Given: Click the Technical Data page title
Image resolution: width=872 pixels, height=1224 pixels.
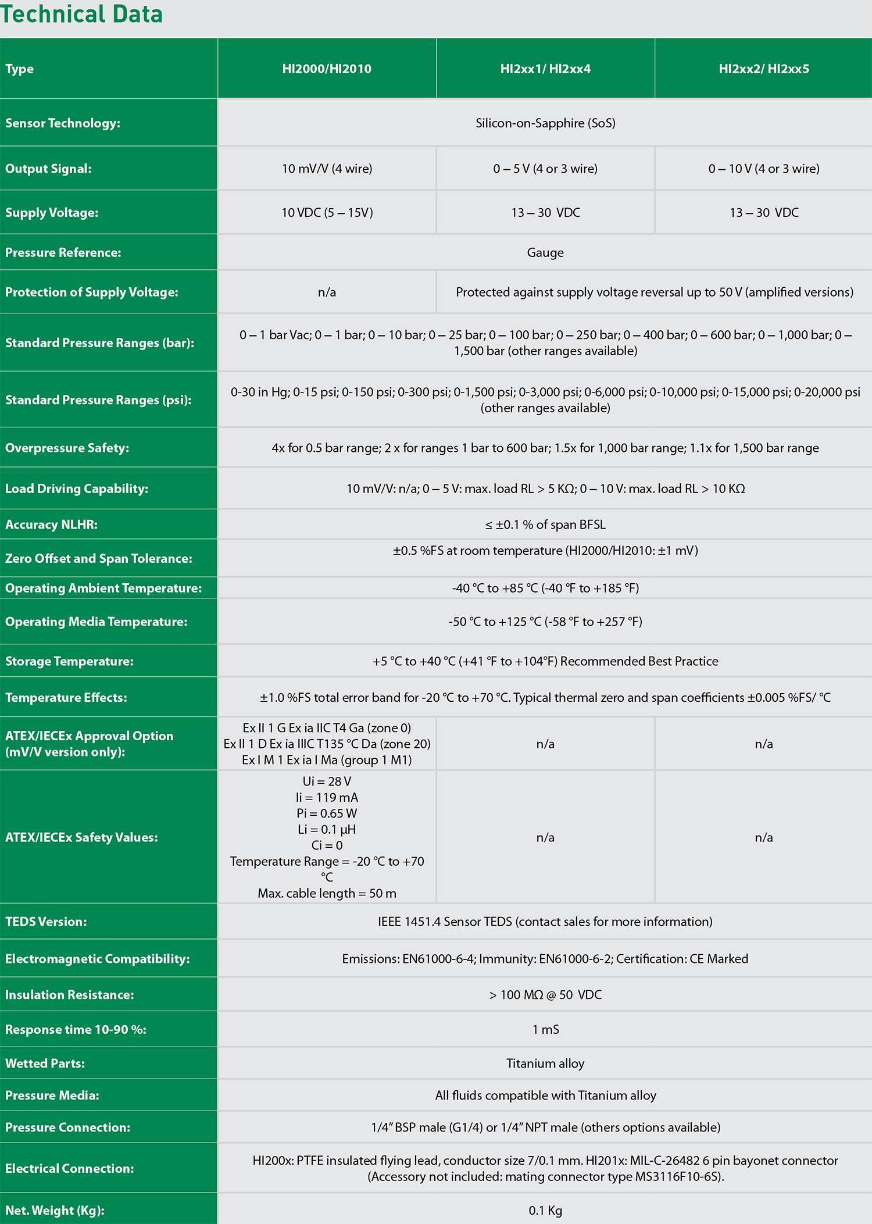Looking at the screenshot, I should click(x=81, y=14).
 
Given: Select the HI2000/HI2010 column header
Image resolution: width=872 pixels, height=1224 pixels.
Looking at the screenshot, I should click(x=327, y=69).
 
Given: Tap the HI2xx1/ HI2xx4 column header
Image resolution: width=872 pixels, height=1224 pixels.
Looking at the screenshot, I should click(x=545, y=69).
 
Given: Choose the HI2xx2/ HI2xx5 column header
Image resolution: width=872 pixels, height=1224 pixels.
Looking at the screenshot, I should click(x=764, y=69).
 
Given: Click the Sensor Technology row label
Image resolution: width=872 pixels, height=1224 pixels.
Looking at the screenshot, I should click(x=63, y=123).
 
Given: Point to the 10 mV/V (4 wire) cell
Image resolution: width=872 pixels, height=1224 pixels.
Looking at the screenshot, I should click(x=327, y=169).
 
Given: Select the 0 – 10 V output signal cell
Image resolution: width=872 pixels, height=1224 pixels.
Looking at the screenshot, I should click(x=764, y=169).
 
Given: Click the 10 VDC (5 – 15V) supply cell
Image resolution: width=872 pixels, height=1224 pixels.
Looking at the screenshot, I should click(x=327, y=213).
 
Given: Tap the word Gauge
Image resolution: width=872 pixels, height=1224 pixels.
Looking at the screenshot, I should click(x=545, y=252).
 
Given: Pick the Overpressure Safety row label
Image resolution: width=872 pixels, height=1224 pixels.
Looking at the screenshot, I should click(x=67, y=448).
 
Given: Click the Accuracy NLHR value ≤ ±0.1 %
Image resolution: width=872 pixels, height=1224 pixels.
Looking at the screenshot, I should click(x=545, y=524).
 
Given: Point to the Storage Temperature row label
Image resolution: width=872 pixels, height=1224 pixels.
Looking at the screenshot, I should click(x=69, y=661).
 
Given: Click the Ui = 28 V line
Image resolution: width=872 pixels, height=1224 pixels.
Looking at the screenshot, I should click(x=327, y=781).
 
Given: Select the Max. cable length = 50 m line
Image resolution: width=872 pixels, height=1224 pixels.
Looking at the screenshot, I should click(x=327, y=893).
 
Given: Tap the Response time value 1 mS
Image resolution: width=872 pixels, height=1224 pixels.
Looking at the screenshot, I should click(x=545, y=1029).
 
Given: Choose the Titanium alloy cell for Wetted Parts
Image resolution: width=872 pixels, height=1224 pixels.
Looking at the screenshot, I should click(x=545, y=1064).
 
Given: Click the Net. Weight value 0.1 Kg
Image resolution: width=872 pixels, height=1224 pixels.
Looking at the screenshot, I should click(x=545, y=1211).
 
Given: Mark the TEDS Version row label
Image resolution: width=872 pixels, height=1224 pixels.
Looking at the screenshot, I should click(x=46, y=922).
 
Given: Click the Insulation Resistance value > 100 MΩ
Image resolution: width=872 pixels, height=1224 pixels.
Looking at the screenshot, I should click(x=545, y=995).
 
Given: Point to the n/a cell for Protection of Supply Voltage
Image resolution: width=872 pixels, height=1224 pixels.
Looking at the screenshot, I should click(x=327, y=292).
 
